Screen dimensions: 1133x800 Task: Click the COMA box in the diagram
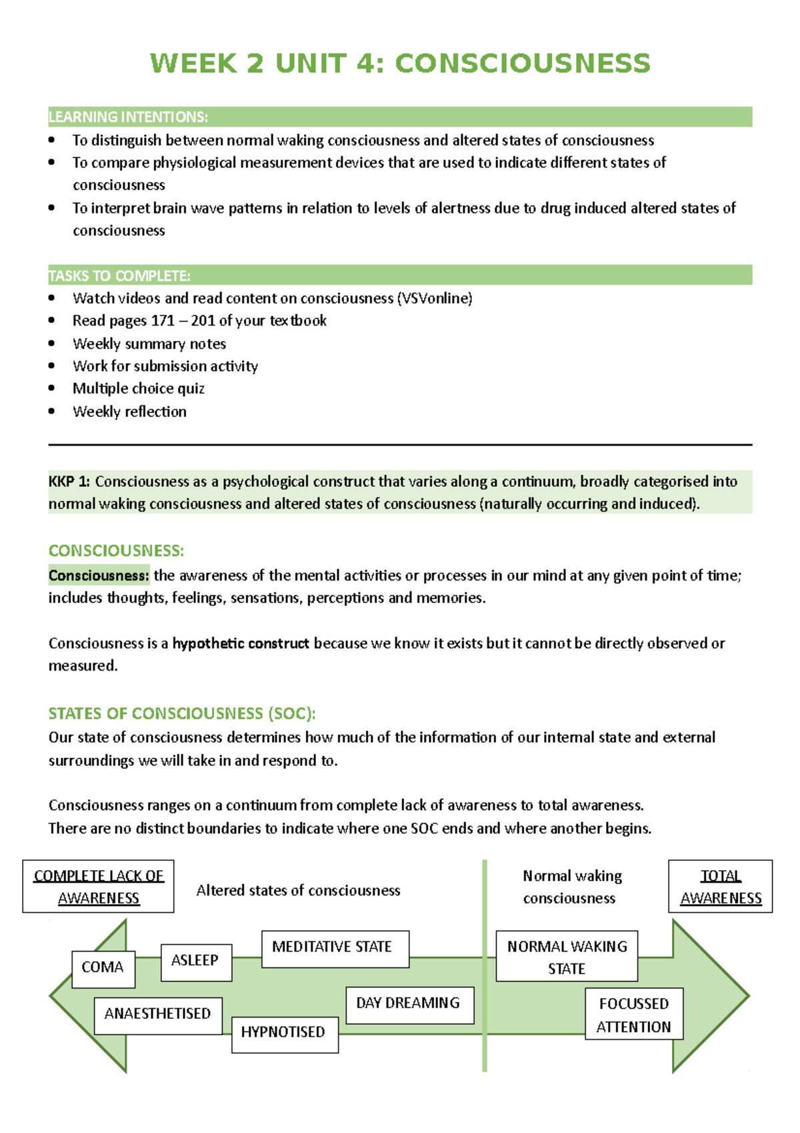(103, 968)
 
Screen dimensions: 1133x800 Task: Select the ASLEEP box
(196, 962)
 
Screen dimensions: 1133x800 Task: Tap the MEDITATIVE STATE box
(335, 948)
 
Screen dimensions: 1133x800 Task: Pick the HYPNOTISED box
(285, 1034)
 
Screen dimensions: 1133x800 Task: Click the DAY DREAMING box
(409, 1004)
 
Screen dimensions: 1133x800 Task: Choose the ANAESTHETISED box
(158, 1015)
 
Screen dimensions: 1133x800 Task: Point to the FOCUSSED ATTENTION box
(633, 1014)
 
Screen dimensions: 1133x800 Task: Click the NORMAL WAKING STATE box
(567, 956)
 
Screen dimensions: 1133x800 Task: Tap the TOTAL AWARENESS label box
(720, 886)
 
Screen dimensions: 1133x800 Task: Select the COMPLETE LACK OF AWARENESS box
(98, 886)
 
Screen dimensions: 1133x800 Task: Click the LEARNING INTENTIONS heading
(128, 117)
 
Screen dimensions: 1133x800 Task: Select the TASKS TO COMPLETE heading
(119, 276)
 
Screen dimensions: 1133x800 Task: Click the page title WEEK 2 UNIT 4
(400, 63)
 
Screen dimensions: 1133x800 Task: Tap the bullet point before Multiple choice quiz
(52, 388)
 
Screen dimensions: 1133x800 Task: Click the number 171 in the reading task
(163, 321)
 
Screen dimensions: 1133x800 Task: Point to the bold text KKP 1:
(69, 482)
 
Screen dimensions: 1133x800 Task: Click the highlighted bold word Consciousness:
(99, 576)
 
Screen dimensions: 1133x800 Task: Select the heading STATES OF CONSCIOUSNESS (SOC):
(182, 714)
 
